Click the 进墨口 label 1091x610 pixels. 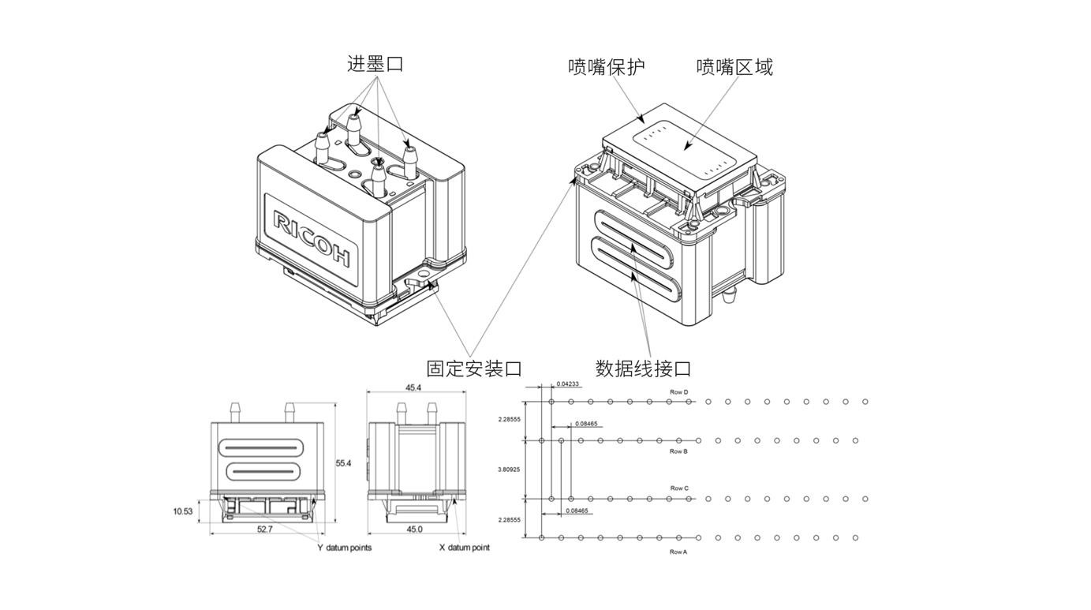[375, 64]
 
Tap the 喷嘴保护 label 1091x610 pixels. [607, 67]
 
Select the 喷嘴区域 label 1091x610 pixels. [734, 67]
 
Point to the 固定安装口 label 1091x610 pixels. [474, 369]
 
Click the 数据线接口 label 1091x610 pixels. [643, 369]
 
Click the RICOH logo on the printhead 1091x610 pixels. [312, 237]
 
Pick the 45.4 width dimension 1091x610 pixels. [413, 388]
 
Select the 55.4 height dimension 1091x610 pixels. [343, 463]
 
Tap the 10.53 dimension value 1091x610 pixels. [183, 511]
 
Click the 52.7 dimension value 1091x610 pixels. [264, 530]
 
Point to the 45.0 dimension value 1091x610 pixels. [414, 530]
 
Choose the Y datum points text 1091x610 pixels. [345, 548]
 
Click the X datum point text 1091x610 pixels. [464, 548]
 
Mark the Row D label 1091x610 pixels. [679, 392]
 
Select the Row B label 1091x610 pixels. [678, 451]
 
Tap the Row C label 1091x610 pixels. [679, 488]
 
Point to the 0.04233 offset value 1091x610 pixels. [568, 384]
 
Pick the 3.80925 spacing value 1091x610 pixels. [509, 470]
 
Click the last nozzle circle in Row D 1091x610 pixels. [865, 402]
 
